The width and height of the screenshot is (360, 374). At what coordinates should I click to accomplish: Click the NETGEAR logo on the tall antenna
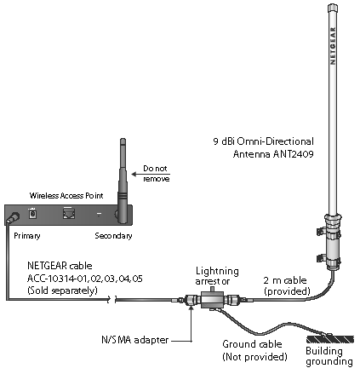pos(333,46)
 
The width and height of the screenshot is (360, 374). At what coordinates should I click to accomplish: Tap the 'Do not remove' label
pos(157,174)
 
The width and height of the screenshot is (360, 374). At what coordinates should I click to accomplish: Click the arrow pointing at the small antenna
pos(151,174)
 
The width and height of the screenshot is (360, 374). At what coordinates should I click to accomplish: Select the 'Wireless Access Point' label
pos(66,196)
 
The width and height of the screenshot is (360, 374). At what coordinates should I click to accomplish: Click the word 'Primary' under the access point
pos(27,236)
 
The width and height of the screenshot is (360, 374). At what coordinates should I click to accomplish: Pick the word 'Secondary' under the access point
pos(113,236)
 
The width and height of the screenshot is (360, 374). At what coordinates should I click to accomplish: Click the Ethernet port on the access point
pos(69,213)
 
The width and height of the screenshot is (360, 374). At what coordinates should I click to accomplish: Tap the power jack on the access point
pos(32,213)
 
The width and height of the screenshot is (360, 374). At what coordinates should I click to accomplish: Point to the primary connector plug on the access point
pos(13,218)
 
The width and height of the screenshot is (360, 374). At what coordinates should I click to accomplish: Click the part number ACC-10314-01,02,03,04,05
pos(85,279)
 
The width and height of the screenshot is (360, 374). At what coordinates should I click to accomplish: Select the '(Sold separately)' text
pos(62,291)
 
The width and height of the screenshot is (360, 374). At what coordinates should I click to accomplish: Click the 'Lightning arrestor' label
pos(217,276)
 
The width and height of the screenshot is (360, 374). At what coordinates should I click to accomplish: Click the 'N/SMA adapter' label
pos(135,340)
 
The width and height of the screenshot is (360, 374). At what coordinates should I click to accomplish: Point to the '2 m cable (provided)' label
pos(287,285)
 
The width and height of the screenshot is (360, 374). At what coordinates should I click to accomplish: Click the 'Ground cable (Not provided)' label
pos(254,350)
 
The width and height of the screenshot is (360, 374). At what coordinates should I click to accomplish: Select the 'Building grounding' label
pos(329,356)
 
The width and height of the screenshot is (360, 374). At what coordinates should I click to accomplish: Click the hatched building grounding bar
pos(330,339)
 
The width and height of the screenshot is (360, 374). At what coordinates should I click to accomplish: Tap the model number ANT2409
pos(294,154)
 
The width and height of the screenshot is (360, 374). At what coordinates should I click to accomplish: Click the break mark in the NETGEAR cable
pos(112,299)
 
